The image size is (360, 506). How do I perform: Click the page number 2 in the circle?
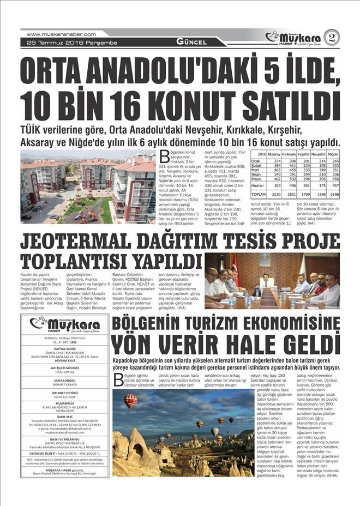tap(332, 37)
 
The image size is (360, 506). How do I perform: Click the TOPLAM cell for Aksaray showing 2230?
tap(274, 194)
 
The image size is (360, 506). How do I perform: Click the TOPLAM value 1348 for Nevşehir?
tap(318, 194)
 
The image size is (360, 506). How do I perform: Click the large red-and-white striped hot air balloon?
tap(130, 401)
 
